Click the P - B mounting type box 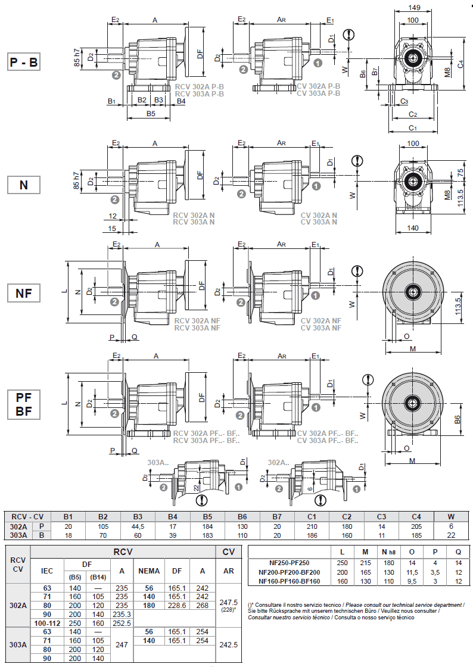click(24, 62)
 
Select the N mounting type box click(24, 185)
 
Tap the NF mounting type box click(24, 293)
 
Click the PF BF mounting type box click(24, 404)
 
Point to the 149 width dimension click(415, 8)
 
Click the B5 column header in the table click(207, 516)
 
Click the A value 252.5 click(122, 622)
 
